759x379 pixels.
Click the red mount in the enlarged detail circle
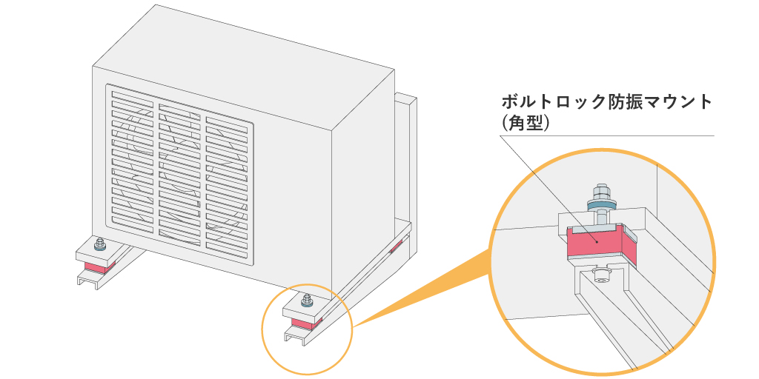(597, 244)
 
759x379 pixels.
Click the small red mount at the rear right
(397, 245)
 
